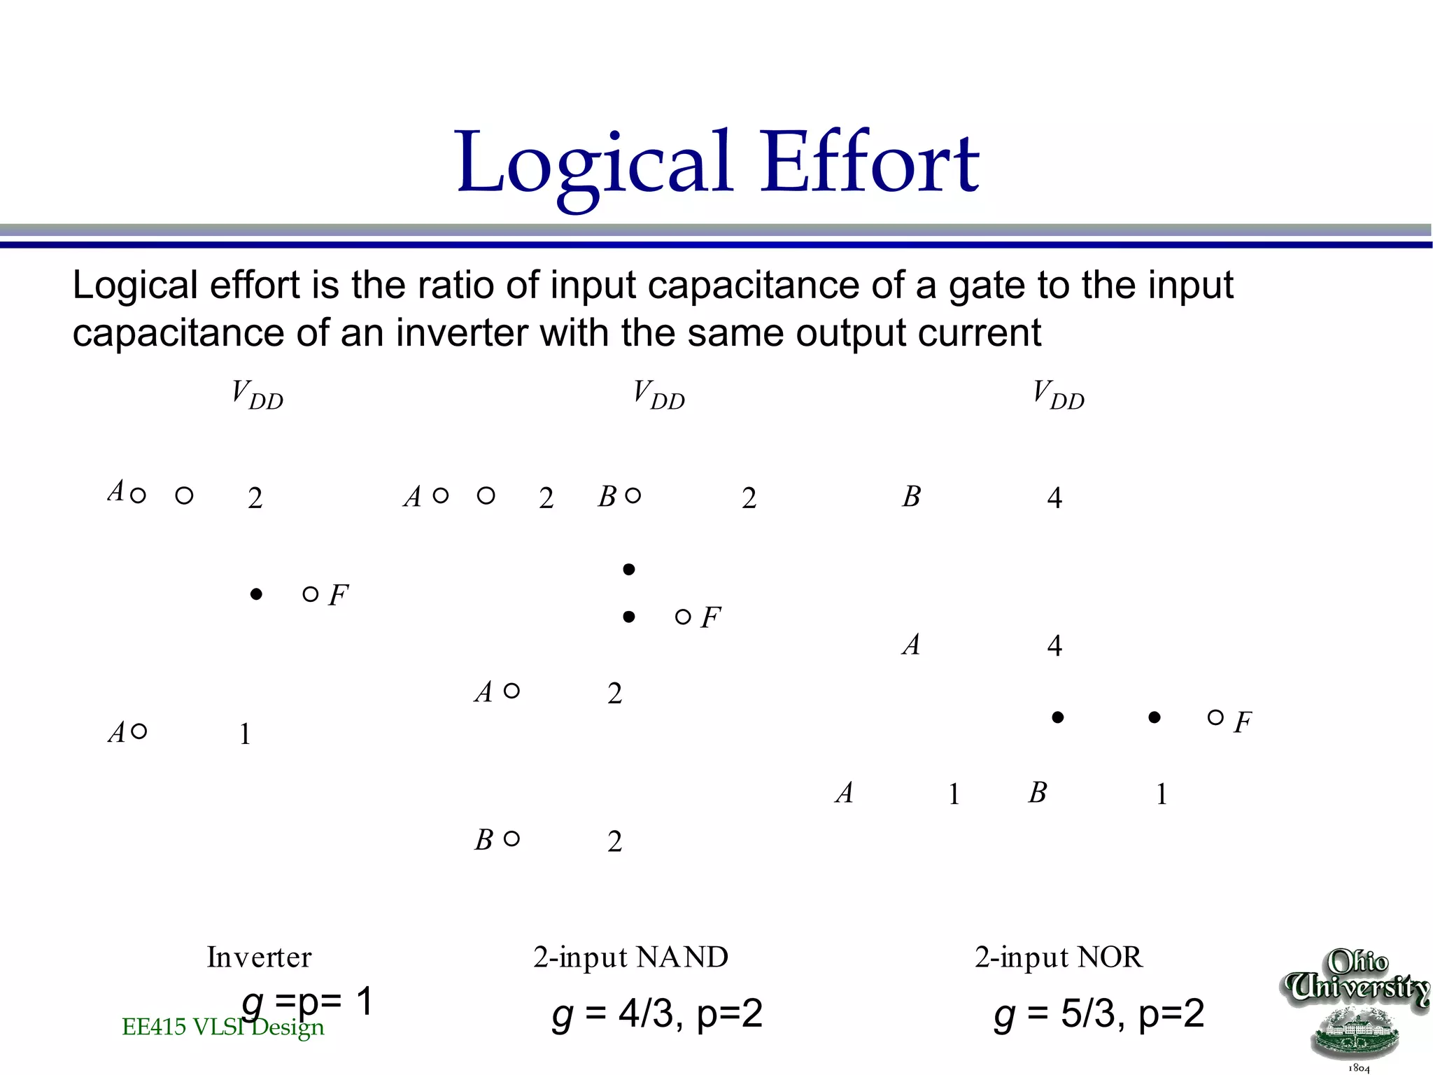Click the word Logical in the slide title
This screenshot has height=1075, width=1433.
pos(595,164)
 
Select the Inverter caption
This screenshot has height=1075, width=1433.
pos(259,957)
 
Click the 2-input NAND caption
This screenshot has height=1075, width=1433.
pos(630,957)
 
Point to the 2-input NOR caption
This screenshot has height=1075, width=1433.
pos(1059,957)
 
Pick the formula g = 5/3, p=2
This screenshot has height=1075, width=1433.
pos(1099,1013)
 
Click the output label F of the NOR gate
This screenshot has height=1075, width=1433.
pos(1243,722)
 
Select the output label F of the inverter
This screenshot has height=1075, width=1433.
pos(338,596)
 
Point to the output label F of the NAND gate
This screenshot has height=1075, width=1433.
pos(710,618)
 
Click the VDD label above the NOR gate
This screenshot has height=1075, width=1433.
pos(1058,395)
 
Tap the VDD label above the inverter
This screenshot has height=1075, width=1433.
pos(257,395)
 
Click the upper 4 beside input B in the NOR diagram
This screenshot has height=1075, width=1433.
pos(1054,498)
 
